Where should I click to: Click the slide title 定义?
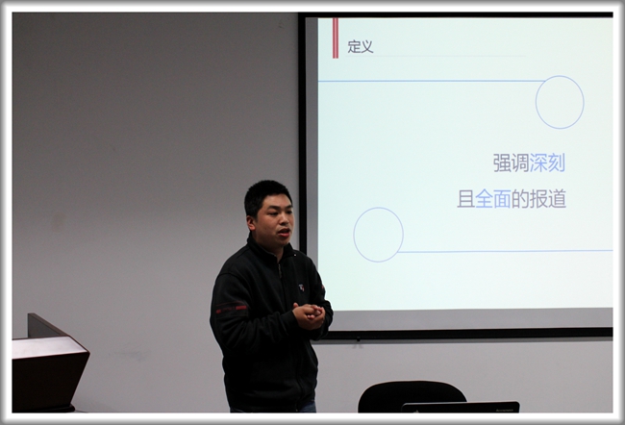point(361,46)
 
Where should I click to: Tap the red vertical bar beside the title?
point(335,38)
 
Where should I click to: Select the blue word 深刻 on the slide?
point(547,163)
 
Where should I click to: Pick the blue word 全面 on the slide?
point(493,200)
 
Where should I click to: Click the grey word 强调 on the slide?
point(511,163)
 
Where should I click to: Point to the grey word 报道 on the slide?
point(547,200)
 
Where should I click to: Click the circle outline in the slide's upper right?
point(560,102)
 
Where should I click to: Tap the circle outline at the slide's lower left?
point(378,235)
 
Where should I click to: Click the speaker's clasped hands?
point(309,314)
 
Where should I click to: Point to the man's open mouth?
point(284,232)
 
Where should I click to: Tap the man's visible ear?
point(250,220)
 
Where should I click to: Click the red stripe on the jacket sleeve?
point(230,310)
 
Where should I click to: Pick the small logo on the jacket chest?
point(301,287)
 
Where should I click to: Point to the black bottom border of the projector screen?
point(462,333)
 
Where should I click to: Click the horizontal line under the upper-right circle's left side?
point(428,81)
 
